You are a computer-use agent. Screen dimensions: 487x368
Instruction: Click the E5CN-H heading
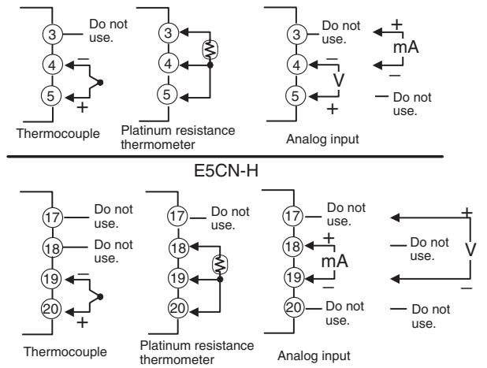[x=226, y=170]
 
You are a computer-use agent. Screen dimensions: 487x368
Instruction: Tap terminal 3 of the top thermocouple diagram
[x=52, y=34]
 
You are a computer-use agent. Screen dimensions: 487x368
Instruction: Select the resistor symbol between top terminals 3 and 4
[x=210, y=50]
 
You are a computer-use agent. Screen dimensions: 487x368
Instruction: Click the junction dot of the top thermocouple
[x=100, y=82]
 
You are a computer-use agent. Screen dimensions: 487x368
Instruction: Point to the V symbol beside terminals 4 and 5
[x=339, y=80]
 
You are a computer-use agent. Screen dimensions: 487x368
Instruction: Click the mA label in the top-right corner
[x=406, y=47]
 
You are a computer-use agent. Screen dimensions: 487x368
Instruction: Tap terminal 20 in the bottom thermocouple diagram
[x=51, y=309]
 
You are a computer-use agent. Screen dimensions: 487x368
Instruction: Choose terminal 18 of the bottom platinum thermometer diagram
[x=178, y=247]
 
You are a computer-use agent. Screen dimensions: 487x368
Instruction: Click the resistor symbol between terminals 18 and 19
[x=220, y=264]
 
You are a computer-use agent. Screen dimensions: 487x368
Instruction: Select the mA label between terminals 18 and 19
[x=334, y=261]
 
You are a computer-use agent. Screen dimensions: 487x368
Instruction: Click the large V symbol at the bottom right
[x=470, y=249]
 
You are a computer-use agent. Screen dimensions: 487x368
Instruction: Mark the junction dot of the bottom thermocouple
[x=100, y=297]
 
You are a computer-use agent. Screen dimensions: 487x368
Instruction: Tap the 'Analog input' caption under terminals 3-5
[x=322, y=139]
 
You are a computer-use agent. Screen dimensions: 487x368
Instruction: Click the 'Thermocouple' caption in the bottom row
[x=65, y=352]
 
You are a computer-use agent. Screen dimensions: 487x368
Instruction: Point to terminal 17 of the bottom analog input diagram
[x=292, y=216]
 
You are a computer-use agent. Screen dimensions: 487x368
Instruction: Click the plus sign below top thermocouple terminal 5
[x=82, y=107]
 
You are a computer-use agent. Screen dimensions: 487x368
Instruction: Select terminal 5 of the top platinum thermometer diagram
[x=167, y=95]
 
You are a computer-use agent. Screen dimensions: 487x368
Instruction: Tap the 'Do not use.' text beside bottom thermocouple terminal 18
[x=113, y=251]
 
